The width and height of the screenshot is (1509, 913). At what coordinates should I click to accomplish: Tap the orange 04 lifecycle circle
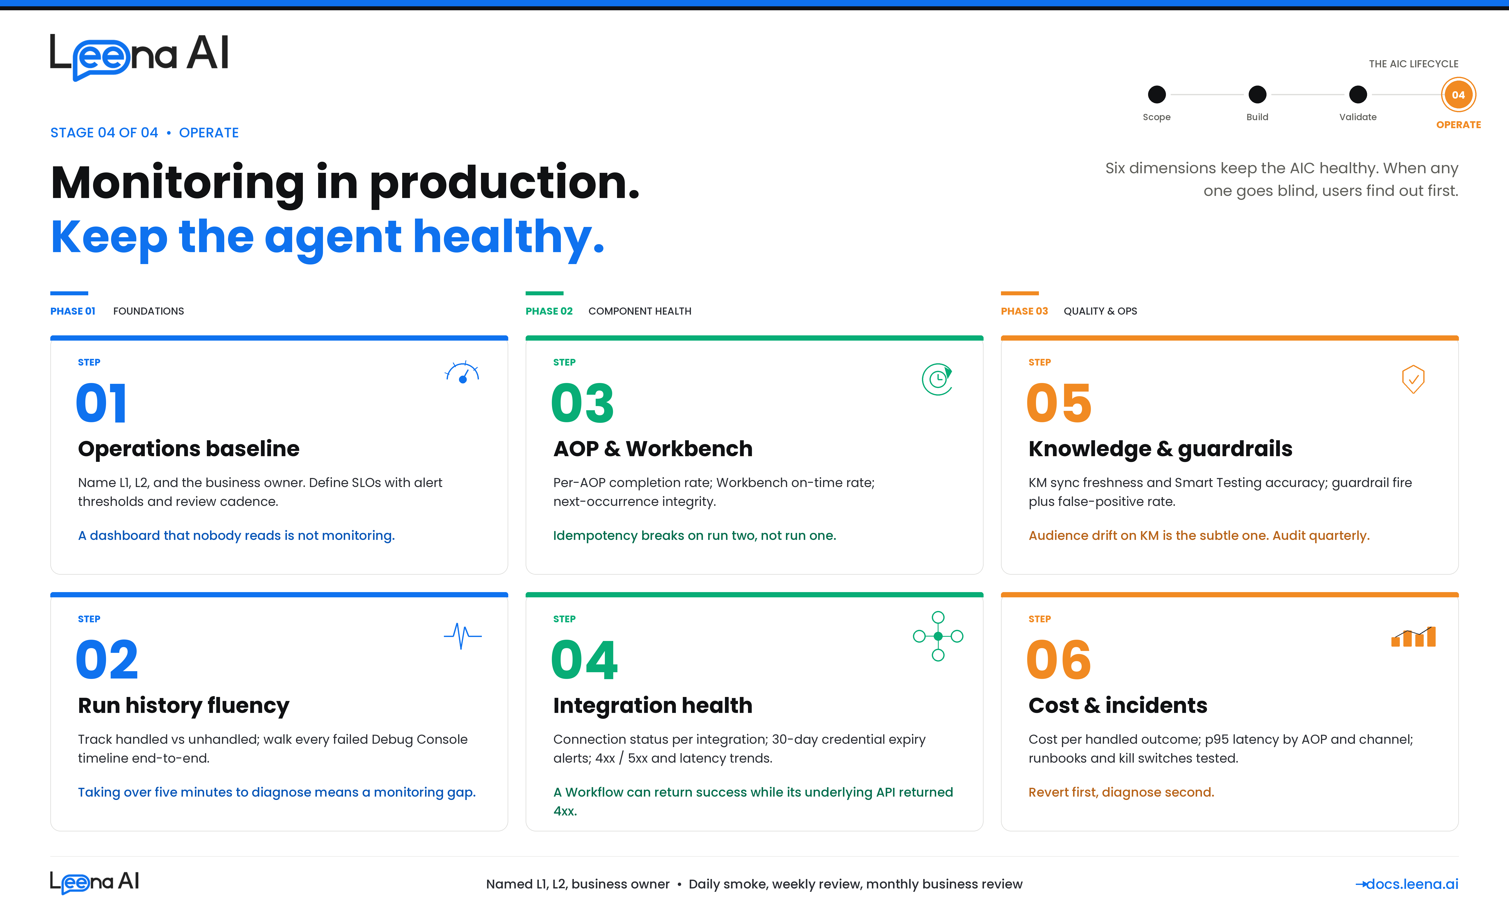tap(1458, 95)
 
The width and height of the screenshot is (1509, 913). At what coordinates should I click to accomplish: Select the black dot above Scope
tap(1156, 94)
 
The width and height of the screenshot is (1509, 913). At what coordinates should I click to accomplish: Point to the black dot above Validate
tap(1358, 94)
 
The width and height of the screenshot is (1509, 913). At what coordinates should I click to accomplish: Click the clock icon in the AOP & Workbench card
tap(937, 379)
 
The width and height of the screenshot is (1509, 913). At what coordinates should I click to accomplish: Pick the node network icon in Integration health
tap(938, 636)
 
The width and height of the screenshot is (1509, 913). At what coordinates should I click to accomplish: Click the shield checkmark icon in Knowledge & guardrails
tap(1413, 379)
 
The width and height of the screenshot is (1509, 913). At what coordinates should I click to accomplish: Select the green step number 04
tap(584, 660)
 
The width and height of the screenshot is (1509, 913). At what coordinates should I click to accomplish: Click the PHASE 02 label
tap(549, 311)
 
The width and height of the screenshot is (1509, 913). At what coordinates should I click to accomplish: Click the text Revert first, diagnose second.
tap(1121, 792)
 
